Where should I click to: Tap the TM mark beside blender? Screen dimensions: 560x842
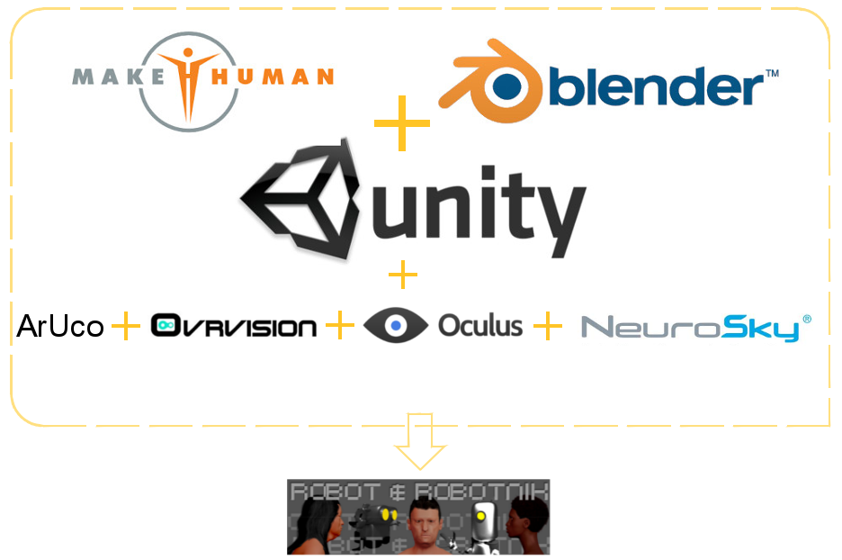tap(771, 72)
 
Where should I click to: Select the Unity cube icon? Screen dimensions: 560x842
tap(296, 200)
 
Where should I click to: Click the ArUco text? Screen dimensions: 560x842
tap(60, 326)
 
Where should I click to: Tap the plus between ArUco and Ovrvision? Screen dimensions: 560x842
tap(126, 326)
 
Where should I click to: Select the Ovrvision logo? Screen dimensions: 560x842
tap(233, 326)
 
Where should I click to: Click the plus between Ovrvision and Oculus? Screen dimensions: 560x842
tap(339, 326)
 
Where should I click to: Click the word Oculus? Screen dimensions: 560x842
tap(480, 325)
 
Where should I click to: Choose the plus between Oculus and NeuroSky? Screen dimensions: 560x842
tap(547, 326)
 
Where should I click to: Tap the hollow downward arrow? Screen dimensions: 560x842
tap(420, 440)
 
